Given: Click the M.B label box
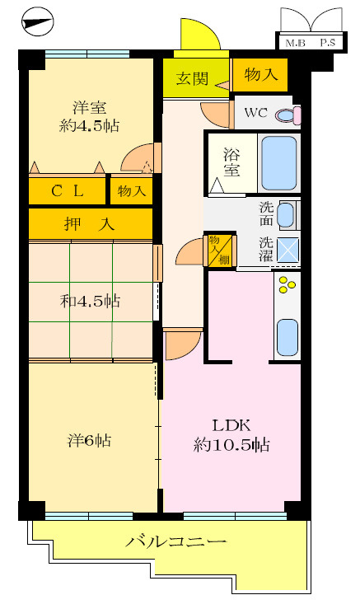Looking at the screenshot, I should (x=294, y=42).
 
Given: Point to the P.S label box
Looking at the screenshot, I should (x=326, y=42).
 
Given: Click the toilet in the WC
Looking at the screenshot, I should (x=286, y=114).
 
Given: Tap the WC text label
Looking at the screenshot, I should (x=254, y=114).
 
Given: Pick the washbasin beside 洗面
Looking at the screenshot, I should (x=285, y=216).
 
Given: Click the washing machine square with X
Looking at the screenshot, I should (x=288, y=250).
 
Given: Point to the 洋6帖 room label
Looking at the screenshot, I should (x=89, y=441).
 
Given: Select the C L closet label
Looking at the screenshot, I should (x=68, y=191).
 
